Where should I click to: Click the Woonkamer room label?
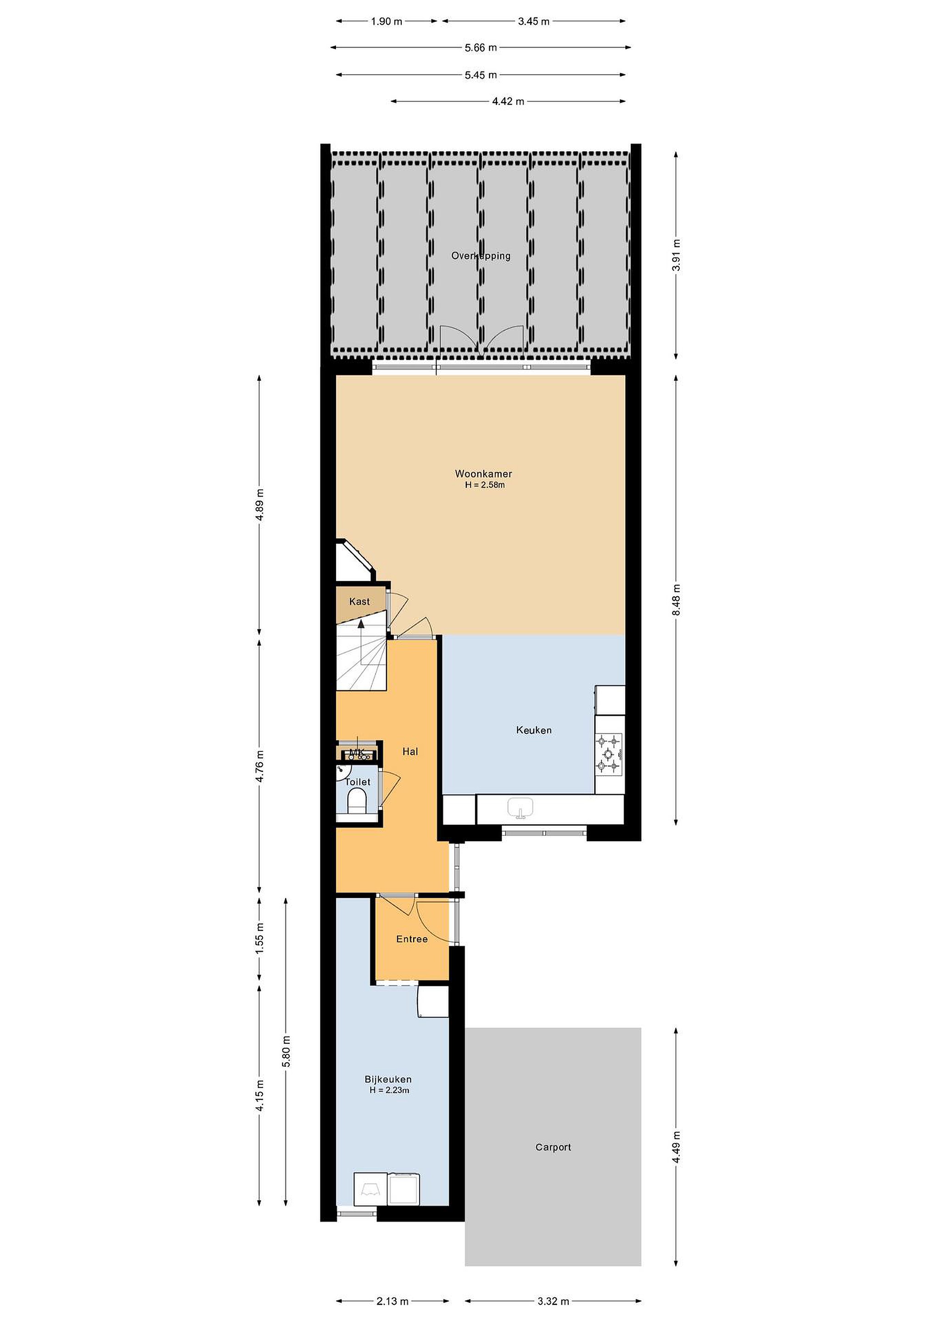(483, 474)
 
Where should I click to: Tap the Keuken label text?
(534, 730)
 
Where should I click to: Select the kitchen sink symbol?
(521, 808)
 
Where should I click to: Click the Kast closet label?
(359, 602)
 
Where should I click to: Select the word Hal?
(410, 751)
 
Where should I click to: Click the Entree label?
(412, 939)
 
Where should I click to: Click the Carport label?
(553, 1147)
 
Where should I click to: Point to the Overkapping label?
(481, 256)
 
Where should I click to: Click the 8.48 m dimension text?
(677, 600)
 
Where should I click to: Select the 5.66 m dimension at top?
(481, 48)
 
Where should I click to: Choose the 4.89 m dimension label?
(260, 504)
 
